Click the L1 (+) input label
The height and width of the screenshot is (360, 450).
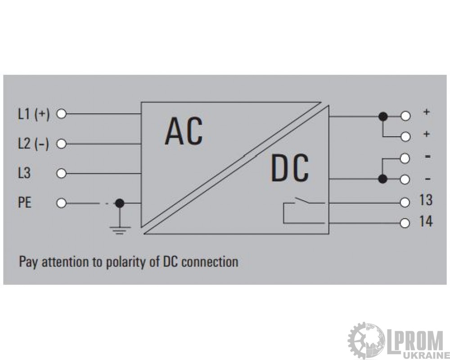(x=34, y=114)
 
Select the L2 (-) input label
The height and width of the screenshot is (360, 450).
(x=33, y=144)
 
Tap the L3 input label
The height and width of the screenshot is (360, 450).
(x=24, y=173)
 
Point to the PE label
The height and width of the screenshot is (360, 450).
(x=24, y=202)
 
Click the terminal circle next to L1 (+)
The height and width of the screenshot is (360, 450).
(x=61, y=114)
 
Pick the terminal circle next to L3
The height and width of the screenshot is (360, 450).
(x=61, y=173)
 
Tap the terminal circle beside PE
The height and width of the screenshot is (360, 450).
(x=61, y=203)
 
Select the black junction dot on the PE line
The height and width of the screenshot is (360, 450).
(x=120, y=203)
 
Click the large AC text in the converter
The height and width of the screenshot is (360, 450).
(x=184, y=131)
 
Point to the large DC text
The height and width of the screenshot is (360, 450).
(x=290, y=168)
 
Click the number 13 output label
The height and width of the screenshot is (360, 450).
(x=426, y=200)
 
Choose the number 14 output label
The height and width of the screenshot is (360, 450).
(x=426, y=222)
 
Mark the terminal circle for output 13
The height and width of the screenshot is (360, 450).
(x=405, y=202)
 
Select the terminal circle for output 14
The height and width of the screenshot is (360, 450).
(x=405, y=223)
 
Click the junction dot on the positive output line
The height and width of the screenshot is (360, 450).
(x=383, y=117)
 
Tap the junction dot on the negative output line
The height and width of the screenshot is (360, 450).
(x=382, y=179)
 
